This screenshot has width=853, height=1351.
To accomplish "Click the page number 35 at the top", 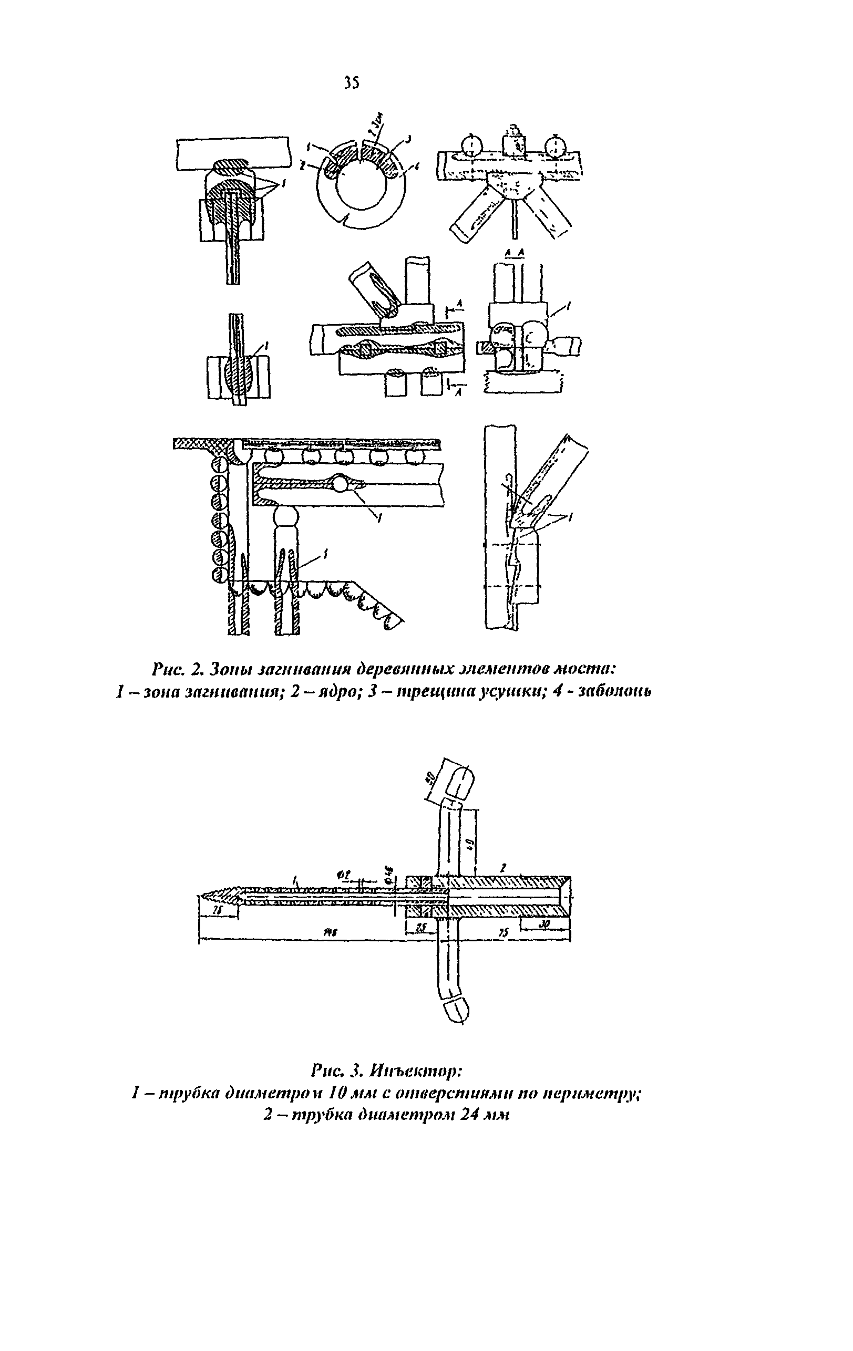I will (x=351, y=82).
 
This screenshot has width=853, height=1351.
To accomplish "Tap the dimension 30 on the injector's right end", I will (x=544, y=922).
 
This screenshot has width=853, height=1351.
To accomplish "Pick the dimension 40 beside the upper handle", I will (x=470, y=843).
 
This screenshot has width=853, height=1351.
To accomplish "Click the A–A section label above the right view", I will (x=514, y=253).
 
